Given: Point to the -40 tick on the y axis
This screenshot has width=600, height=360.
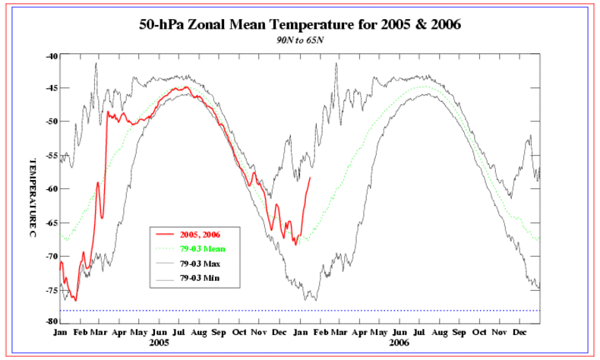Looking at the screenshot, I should pyautogui.click(x=52, y=55).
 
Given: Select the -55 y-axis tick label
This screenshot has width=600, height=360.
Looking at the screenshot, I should pyautogui.click(x=52, y=155).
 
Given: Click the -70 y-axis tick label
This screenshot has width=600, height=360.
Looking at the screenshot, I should pyautogui.click(x=52, y=256).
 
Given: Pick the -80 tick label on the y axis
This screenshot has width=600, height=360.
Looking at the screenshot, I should pyautogui.click(x=52, y=321).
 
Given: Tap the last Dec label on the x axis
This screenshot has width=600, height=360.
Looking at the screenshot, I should pyautogui.click(x=520, y=333).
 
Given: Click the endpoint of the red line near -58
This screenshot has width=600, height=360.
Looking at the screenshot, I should pyautogui.click(x=310, y=177).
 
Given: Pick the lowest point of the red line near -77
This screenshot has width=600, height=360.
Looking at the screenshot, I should pyautogui.click(x=75, y=300).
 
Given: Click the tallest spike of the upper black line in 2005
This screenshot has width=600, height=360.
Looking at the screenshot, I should pyautogui.click(x=96, y=63).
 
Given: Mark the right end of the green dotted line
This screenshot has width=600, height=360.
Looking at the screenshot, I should pyautogui.click(x=539, y=241).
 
